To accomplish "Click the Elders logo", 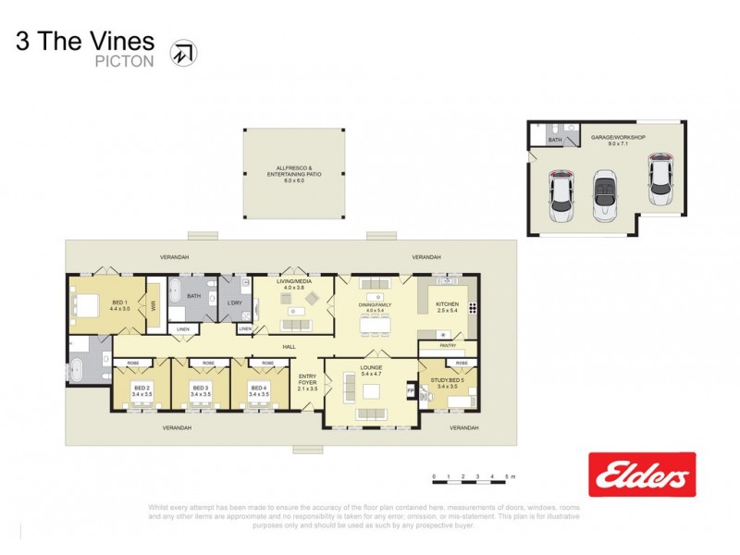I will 642,475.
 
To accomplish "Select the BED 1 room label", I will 120,305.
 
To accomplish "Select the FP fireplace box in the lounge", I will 411,390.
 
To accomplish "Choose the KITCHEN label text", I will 448,304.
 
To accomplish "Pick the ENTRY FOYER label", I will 308,379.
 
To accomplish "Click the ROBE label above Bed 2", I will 132,363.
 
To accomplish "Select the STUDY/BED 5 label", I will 449,381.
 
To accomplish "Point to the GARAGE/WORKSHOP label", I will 618,139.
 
